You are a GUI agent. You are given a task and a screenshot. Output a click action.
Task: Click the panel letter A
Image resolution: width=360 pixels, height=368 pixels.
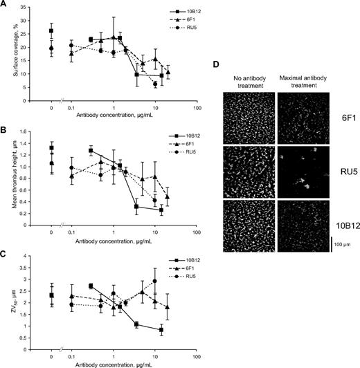click(4, 6)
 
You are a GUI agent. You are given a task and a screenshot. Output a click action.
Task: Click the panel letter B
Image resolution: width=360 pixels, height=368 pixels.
click(4, 128)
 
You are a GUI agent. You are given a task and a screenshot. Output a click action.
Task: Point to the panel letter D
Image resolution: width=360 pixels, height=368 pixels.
click(217, 64)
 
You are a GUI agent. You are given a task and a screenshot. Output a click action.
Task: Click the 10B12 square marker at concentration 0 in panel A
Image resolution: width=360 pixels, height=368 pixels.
click(51, 31)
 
